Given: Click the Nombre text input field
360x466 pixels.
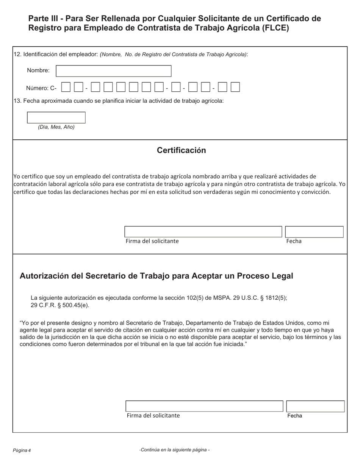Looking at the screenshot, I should tap(114, 71).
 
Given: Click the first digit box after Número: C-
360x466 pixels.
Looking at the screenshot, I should tap(66, 87).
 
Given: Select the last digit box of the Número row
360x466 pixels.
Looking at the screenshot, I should tap(235, 87).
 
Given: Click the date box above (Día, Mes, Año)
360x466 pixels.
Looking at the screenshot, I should tap(56, 117).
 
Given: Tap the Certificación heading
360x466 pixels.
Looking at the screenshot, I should tap(181, 150).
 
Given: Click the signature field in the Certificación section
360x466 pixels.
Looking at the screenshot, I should tap(203, 232).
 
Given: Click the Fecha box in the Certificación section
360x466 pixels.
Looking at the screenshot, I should tap(314, 232).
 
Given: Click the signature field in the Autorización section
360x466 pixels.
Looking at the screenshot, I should tap(204, 406).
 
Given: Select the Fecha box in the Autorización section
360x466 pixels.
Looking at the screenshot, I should tap(315, 406).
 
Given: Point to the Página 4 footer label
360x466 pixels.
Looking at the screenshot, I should tap(22, 450).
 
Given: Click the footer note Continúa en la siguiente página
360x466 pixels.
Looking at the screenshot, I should tap(174, 450).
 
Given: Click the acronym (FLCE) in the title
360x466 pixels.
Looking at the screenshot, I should tap(275, 28).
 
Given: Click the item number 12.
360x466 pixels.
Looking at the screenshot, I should tap(17, 54).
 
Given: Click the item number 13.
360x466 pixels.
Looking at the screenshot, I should tap(17, 101).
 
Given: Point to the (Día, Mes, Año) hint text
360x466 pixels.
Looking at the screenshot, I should tap(56, 127).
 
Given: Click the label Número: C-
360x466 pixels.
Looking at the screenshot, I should tap(41, 88).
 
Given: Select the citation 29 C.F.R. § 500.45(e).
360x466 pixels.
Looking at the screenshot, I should tap(60, 305).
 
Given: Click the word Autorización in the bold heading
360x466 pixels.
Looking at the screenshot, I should tap(44, 276).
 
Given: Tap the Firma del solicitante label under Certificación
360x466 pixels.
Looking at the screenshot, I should tap(152, 241).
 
